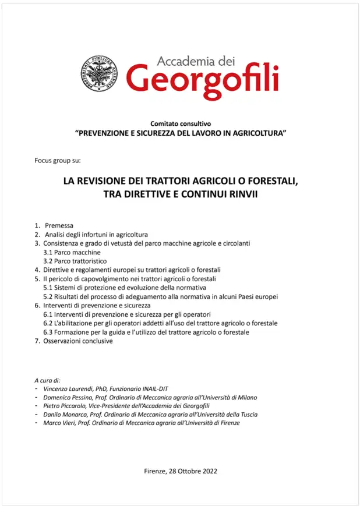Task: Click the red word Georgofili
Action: (202, 80)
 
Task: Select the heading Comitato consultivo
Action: (180, 123)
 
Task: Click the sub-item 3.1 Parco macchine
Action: (72, 252)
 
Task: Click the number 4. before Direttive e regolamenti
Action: (37, 270)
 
